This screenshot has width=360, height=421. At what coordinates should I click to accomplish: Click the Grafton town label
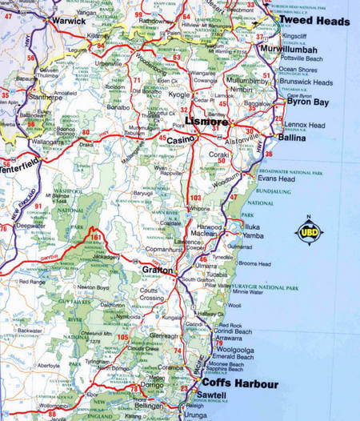158,271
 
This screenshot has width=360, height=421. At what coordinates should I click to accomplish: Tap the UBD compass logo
310,232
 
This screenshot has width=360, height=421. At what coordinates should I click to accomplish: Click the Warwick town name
68,21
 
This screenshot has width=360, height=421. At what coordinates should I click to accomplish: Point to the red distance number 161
96,238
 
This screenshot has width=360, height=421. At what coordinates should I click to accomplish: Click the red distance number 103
196,197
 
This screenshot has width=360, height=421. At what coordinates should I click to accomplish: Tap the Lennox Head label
307,125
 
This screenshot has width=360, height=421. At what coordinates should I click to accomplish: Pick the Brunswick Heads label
305,82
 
